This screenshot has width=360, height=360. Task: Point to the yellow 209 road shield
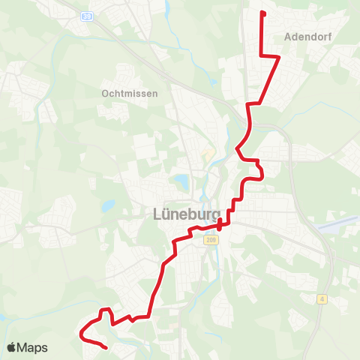[208, 240]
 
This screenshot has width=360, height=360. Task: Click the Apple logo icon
[12, 347]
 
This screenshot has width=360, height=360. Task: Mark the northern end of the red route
[261, 12]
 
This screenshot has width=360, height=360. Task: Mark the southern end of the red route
[107, 348]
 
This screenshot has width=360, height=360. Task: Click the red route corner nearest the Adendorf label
[279, 56]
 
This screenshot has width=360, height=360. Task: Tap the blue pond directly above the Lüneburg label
[181, 181]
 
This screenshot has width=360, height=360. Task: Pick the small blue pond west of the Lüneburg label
[109, 205]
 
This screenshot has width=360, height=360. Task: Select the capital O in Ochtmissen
[104, 94]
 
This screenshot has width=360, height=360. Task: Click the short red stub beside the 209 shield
[219, 226]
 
